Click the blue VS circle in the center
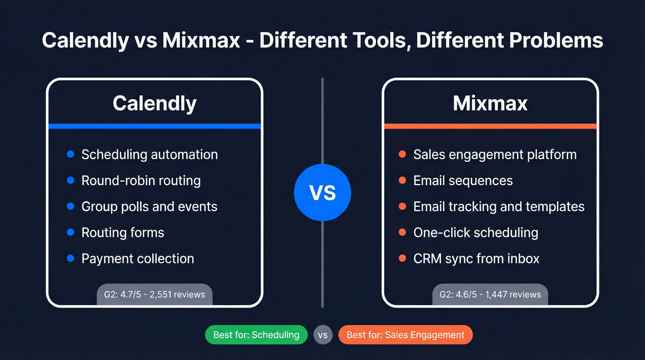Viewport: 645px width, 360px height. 322,193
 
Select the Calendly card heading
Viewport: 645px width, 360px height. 154,103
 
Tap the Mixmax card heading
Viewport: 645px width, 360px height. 490,103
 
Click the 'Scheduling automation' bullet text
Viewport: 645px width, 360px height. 149,154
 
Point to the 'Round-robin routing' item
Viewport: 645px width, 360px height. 141,180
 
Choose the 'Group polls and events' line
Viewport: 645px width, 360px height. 149,206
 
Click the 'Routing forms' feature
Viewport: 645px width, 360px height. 123,232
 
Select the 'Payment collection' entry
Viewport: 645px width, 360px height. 138,258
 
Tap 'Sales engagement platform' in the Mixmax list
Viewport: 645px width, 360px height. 495,154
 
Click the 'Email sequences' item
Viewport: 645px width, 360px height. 463,180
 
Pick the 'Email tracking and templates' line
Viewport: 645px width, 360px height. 499,206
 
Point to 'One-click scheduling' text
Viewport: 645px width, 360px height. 475,232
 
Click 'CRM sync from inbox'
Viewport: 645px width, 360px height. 476,258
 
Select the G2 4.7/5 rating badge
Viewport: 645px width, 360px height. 154,294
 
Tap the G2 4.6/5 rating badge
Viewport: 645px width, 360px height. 490,294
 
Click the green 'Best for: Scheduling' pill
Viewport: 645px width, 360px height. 256,335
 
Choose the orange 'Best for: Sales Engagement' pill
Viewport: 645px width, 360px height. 405,335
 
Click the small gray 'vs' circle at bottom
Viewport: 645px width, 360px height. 322,335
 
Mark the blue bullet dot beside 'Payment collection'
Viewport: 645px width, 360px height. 70,258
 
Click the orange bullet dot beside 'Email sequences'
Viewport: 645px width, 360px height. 402,180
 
